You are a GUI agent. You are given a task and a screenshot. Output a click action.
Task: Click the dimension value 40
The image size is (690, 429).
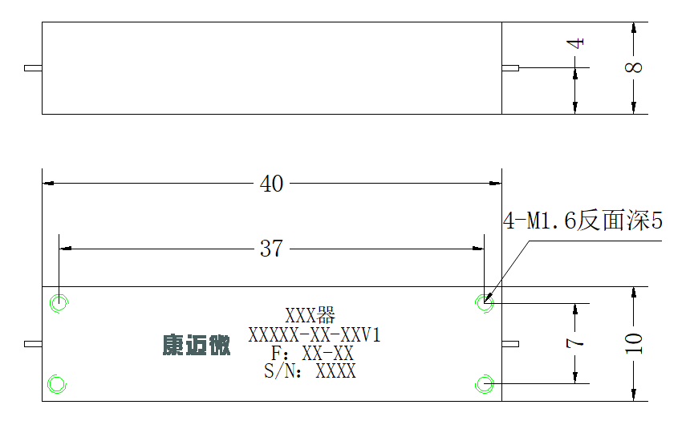point(271,184)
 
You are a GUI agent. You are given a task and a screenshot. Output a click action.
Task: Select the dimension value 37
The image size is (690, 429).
point(271,249)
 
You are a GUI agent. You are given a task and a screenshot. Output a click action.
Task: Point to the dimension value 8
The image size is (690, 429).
point(634,67)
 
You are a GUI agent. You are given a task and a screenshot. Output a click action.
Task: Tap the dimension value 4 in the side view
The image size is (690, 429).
point(575,43)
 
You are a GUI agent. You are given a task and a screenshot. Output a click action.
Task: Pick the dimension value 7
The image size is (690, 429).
point(575,342)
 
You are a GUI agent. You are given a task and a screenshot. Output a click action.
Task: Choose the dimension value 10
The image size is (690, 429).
point(634,344)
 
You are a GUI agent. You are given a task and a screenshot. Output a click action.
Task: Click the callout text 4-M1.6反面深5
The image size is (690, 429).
point(582,221)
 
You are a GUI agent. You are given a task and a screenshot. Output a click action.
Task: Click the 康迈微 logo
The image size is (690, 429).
point(197,345)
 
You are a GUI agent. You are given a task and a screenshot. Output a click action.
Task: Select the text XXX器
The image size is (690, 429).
point(310,315)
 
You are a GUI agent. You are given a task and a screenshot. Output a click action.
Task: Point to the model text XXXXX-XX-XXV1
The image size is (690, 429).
point(315,335)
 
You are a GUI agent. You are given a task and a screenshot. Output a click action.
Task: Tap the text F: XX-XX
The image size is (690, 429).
point(312,354)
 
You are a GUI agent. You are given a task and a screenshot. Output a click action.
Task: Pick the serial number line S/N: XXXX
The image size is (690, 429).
point(310,371)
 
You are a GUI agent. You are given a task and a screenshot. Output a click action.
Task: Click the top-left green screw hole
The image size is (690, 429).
point(59,303)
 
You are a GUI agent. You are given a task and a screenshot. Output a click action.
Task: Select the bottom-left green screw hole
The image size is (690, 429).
point(57,384)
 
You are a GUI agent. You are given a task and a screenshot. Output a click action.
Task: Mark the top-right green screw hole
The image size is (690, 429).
point(485,303)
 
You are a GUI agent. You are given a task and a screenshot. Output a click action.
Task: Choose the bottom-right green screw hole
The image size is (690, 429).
point(485,384)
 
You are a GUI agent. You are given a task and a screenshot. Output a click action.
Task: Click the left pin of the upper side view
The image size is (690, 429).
point(34,68)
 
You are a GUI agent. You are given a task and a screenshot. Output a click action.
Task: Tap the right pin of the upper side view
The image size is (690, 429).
point(510,68)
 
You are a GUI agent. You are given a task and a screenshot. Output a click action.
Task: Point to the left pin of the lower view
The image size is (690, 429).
point(34,344)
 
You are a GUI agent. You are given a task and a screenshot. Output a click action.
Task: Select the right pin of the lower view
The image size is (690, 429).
point(510,344)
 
